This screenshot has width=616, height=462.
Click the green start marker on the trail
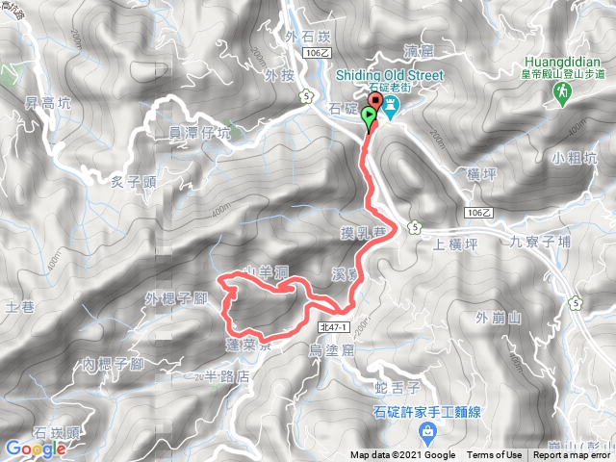[x=369, y=119]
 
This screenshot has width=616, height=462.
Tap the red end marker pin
[x=375, y=104]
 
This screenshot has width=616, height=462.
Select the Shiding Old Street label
[x=389, y=75]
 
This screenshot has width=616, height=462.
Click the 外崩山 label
[x=498, y=317]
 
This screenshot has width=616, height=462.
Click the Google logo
[x=36, y=448]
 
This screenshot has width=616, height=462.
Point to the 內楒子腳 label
[x=113, y=364]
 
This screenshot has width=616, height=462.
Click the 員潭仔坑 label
[x=200, y=133]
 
